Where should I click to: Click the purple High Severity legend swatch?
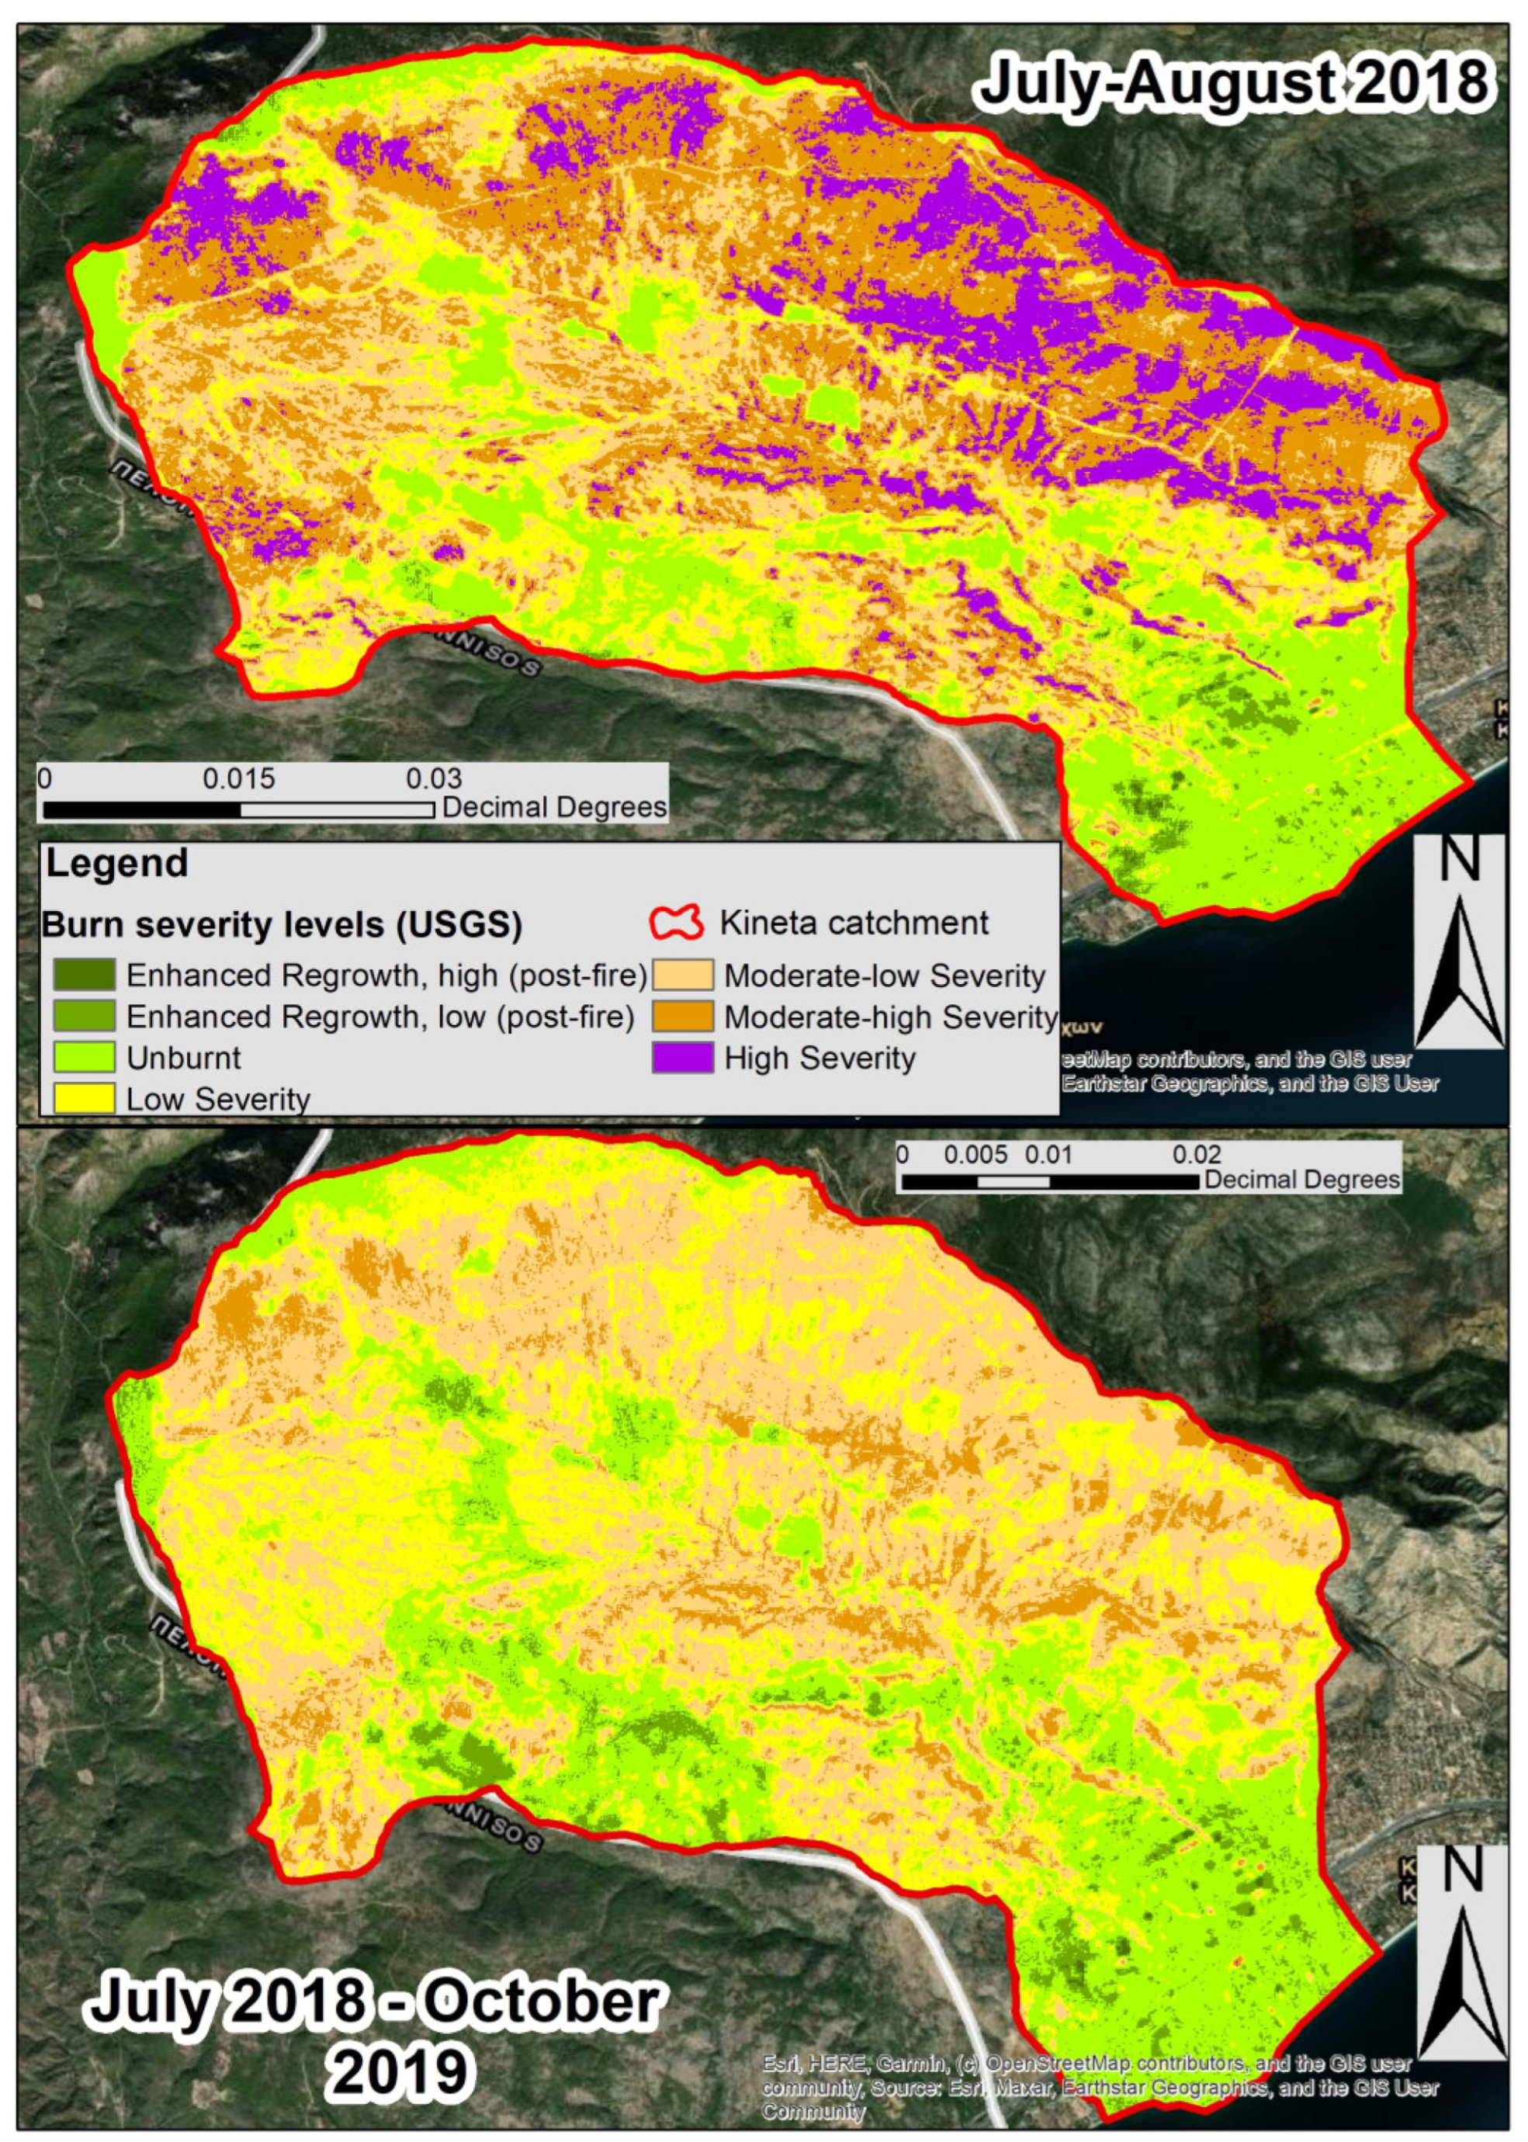[682, 1057]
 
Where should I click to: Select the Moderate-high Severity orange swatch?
[682, 1016]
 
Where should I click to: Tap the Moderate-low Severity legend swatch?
[682, 976]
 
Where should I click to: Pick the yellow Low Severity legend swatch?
[84, 1098]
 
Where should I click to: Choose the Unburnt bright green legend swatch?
[84, 1056]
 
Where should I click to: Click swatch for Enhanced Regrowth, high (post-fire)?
[84, 975]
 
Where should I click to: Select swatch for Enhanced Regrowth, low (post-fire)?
[84, 1016]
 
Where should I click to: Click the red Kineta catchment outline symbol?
[677, 923]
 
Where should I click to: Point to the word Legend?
[116, 864]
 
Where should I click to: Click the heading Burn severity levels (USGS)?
[282, 925]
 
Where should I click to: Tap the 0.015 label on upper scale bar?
[239, 779]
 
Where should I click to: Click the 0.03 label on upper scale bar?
[434, 779]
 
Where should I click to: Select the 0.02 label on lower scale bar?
[1196, 1154]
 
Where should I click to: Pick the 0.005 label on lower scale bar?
[975, 1154]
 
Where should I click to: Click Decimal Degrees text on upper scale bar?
[554, 807]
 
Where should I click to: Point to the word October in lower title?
[540, 2001]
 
